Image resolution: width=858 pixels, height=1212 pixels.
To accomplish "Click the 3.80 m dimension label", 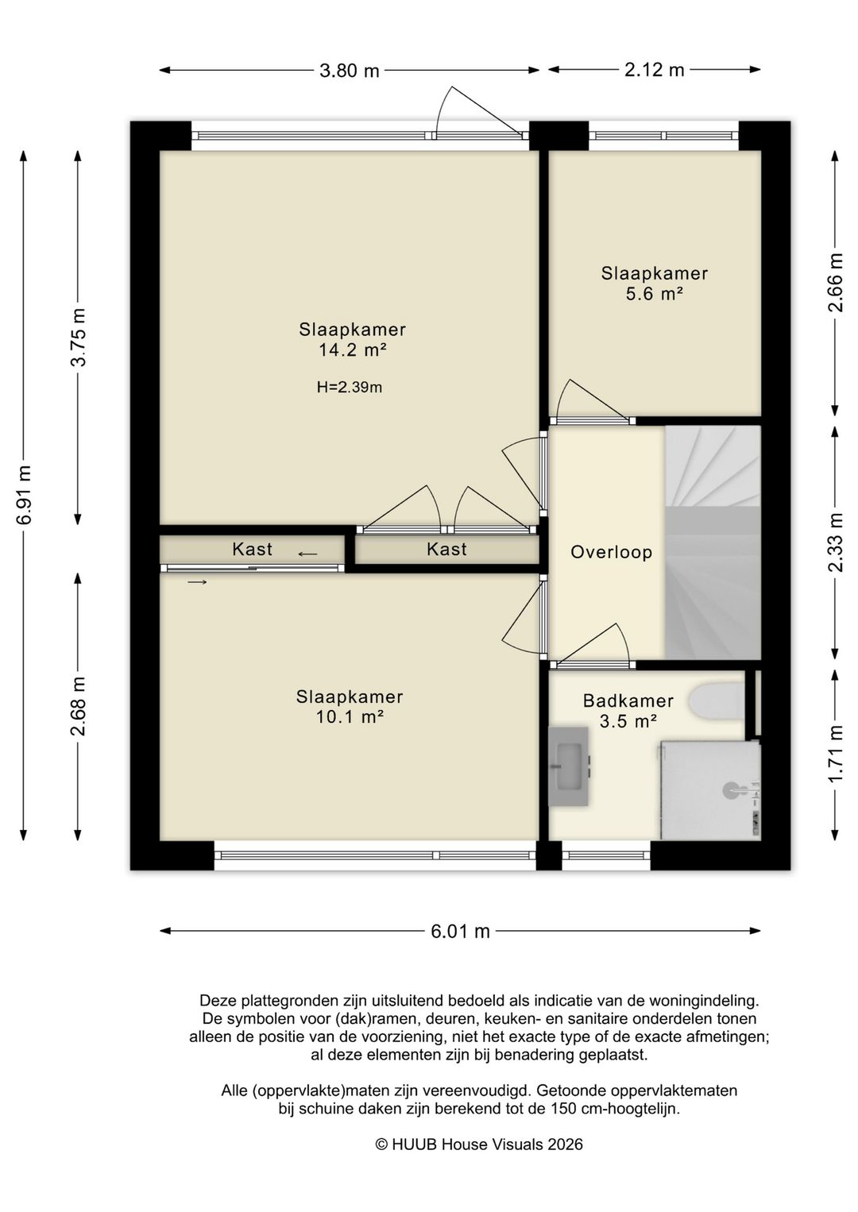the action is click(x=349, y=71).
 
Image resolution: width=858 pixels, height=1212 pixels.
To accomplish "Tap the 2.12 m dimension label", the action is click(x=655, y=70).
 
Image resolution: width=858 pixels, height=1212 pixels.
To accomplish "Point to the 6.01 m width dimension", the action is click(x=460, y=931).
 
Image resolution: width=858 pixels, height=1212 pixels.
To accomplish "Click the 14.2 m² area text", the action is click(x=353, y=350).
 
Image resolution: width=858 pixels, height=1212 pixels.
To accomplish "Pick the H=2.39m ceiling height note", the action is click(x=350, y=388).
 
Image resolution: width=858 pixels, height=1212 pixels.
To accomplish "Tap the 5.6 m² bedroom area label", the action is click(x=654, y=294).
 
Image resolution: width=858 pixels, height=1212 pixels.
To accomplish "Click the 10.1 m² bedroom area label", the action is click(x=350, y=717).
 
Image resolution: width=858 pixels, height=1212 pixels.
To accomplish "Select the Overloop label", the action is click(x=611, y=553).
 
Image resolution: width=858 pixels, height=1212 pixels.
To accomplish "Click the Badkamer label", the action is click(x=628, y=701).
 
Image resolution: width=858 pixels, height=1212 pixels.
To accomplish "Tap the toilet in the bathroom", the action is click(x=717, y=704).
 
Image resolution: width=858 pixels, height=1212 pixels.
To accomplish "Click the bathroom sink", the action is click(x=568, y=766).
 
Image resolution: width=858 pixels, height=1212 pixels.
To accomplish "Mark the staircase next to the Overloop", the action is click(x=713, y=542).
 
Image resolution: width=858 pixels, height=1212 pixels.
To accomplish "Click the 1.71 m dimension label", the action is click(x=837, y=753).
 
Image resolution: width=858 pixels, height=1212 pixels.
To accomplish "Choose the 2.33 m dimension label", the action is click(x=837, y=542).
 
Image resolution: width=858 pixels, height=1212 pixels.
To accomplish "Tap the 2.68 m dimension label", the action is click(x=79, y=707).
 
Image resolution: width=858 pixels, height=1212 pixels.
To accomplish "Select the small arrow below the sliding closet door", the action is click(x=197, y=582).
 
